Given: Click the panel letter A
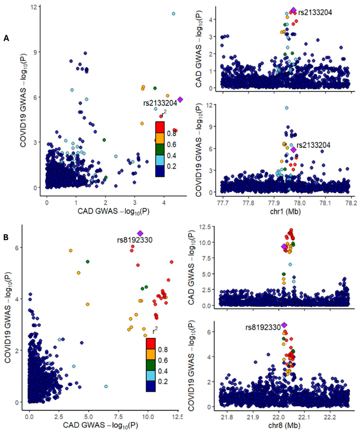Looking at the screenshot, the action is pos(6,38).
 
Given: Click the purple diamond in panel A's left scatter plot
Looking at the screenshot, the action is pos(180,100).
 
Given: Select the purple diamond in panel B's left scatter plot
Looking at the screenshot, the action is pos(140,233).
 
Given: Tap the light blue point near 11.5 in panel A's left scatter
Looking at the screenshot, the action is pos(173,14).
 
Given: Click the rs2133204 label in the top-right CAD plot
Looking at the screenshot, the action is pos(315,13).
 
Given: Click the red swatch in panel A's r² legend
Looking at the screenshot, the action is pos(160,127).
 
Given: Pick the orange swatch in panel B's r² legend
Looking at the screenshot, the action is pos(151,355).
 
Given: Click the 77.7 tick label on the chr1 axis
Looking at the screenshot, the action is pos(223,203).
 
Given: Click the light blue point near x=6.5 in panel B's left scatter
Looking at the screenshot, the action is pos(106,386).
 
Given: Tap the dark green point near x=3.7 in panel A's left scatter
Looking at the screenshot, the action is pos(155,88).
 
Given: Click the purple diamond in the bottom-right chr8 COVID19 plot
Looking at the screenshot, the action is pos(284,325).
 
